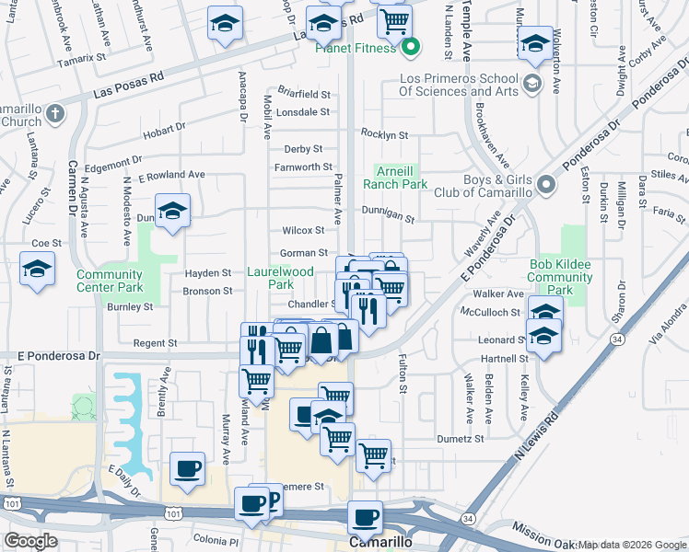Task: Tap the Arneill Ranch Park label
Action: tap(401, 178)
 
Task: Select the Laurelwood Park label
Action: tap(281, 278)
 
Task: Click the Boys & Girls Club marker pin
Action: tap(546, 185)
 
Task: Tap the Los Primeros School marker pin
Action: tap(531, 85)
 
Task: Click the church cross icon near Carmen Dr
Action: tap(54, 114)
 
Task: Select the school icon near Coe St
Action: tap(37, 270)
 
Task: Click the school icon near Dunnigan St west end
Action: tap(172, 213)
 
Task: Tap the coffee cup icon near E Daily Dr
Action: tap(187, 469)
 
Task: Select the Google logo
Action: tap(31, 540)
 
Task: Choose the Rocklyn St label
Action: tap(384, 134)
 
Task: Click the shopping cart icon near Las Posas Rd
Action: tap(394, 21)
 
